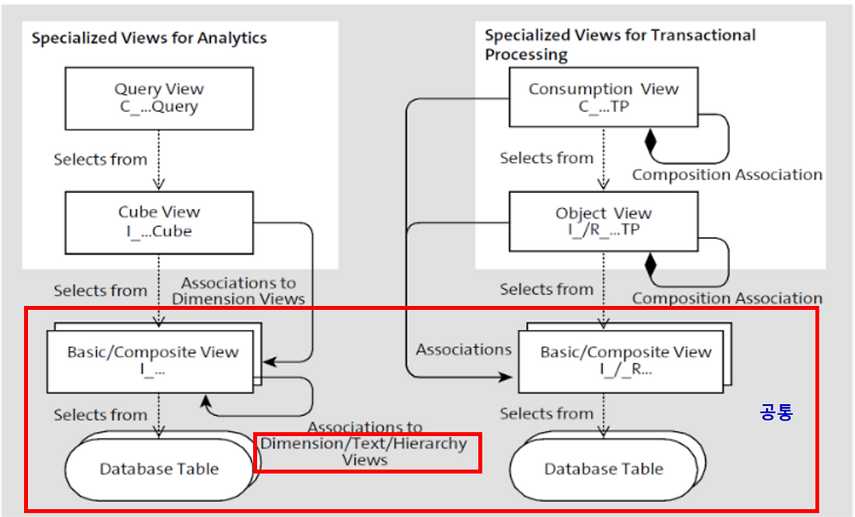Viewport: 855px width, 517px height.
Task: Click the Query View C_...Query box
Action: point(159,98)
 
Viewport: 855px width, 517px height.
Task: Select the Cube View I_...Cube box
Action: point(159,222)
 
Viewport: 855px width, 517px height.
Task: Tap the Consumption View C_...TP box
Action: point(603,97)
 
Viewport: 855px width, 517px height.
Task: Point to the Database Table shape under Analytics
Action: point(158,469)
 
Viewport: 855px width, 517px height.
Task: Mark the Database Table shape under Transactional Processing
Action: point(603,469)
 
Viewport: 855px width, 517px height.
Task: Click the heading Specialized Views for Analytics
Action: point(149,38)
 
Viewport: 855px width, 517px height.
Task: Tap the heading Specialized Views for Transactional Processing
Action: point(620,44)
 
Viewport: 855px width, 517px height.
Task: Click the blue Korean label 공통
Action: point(776,412)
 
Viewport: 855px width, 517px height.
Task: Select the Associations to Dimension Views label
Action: point(238,291)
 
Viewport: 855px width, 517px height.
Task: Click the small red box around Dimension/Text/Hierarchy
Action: point(367,452)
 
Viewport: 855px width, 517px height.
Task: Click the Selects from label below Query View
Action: point(100,160)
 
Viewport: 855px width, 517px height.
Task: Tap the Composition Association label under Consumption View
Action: point(727,175)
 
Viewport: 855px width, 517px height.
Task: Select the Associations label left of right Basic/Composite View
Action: point(464,349)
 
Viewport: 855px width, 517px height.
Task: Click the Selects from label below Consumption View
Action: point(546,159)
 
